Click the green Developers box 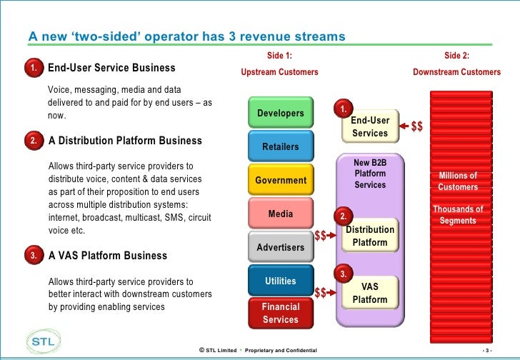point(280,114)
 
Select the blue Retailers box point(280,146)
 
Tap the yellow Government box point(280,180)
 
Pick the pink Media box point(280,214)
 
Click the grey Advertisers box point(280,247)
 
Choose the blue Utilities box point(280,281)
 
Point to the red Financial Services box point(280,313)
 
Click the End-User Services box point(369,126)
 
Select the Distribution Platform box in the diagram point(369,236)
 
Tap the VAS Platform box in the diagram point(369,293)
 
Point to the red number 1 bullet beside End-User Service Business point(34,68)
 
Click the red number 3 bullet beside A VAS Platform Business point(34,255)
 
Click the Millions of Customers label point(458,181)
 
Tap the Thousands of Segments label point(458,215)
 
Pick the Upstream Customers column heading point(279,73)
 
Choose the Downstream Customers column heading point(457,73)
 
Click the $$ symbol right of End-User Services point(417,126)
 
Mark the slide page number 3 point(488,350)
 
